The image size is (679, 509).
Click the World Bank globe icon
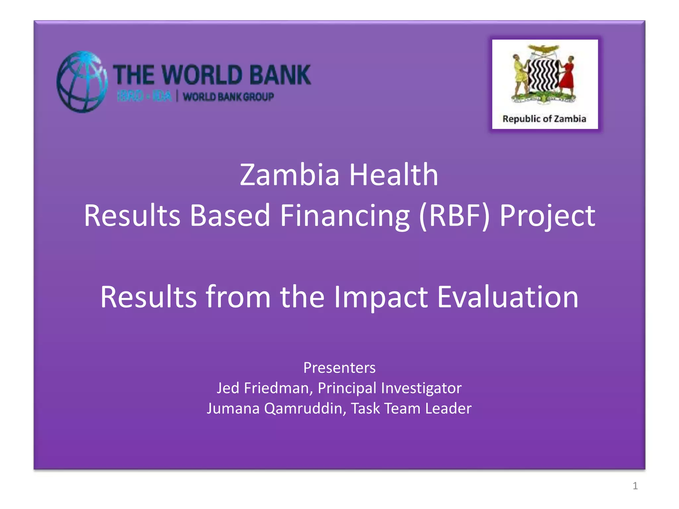click(82, 82)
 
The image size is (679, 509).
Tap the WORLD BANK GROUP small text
click(228, 97)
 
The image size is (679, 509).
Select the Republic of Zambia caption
click(544, 119)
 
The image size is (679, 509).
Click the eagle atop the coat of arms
click(544, 50)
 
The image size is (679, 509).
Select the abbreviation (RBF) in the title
click(455, 216)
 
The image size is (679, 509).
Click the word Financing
click(345, 216)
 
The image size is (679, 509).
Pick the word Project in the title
click(547, 216)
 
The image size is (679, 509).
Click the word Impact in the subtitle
click(381, 297)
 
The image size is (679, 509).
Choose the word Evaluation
click(508, 297)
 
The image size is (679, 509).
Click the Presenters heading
click(339, 368)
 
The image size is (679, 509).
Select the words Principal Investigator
click(390, 388)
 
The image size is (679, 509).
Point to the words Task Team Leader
click(411, 408)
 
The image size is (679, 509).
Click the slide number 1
click(635, 486)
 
